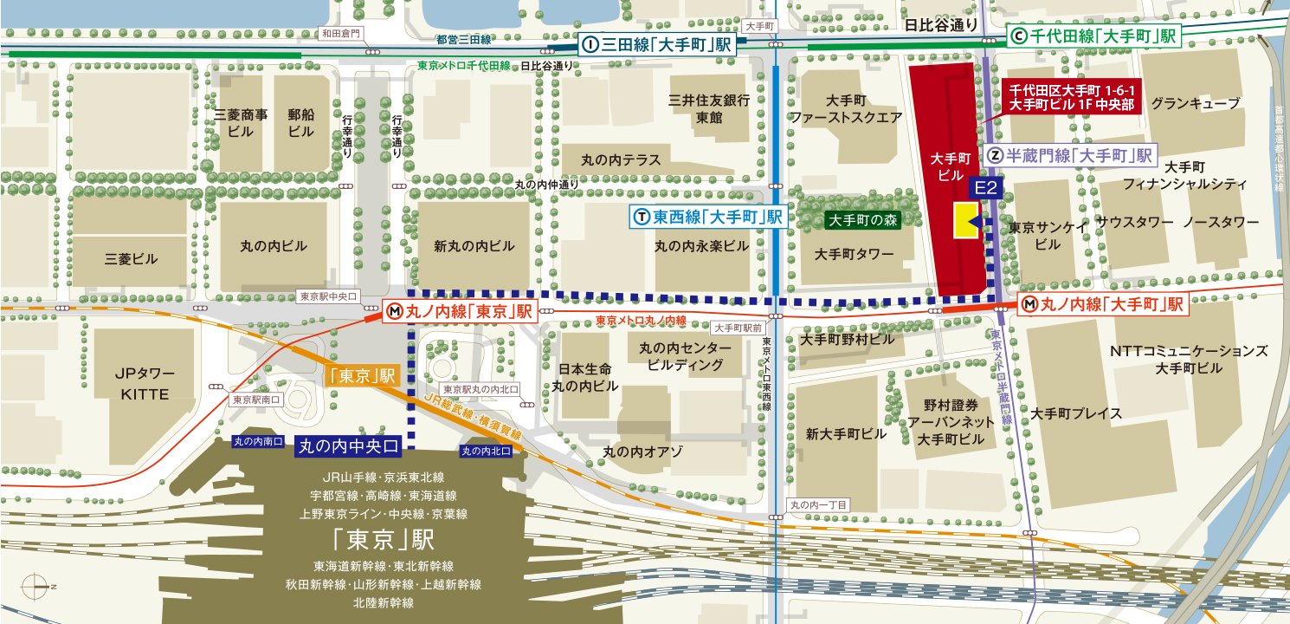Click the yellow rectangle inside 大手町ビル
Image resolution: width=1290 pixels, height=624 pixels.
point(964,221)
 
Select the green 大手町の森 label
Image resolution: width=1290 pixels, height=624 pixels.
point(862,220)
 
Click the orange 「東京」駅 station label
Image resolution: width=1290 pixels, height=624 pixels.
point(362,376)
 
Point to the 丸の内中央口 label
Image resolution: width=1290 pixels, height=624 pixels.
point(349,446)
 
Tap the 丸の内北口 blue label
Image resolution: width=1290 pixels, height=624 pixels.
point(486,451)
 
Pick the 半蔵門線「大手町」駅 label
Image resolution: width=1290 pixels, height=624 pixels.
point(1072,156)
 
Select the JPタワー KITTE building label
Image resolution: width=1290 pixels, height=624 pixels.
point(145,384)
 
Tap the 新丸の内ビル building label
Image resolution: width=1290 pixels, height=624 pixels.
point(474,246)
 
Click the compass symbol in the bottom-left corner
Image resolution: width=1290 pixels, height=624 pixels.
point(33,587)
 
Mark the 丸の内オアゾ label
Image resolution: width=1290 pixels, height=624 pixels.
point(642,452)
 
